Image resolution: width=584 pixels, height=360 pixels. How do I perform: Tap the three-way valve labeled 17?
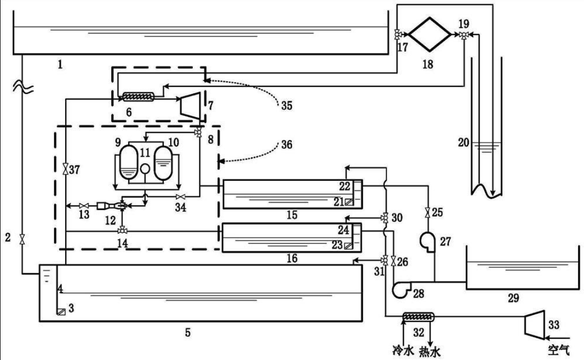[397, 34]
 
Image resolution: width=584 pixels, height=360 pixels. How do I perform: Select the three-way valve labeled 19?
[464, 35]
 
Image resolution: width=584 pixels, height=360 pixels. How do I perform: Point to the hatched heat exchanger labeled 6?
[138, 97]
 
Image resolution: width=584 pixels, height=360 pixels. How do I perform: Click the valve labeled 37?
[66, 169]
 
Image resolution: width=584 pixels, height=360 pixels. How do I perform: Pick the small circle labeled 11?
[145, 169]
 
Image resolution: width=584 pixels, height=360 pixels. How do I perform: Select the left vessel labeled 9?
[128, 163]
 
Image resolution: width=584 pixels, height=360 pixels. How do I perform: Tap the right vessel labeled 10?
[163, 163]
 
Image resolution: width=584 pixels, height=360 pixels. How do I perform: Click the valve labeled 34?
[181, 196]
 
